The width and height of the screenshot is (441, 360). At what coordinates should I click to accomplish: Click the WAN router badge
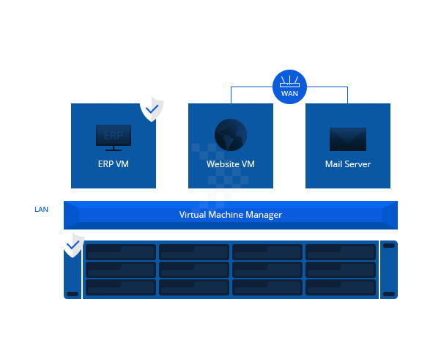pos(289,87)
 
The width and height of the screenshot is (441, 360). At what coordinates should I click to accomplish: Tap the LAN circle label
pos(41,209)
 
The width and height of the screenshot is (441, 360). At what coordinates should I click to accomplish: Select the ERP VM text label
pos(113,164)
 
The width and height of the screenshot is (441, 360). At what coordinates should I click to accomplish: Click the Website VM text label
pos(231,164)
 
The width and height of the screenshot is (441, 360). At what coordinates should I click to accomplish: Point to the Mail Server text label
pos(348,164)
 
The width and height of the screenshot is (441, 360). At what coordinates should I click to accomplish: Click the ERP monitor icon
pos(114,137)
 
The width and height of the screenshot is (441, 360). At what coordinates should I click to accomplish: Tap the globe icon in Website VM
pos(231,135)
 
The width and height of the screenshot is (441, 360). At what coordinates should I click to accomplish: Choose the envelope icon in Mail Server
pos(348,139)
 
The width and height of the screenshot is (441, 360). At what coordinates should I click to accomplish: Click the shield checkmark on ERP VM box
pos(152,109)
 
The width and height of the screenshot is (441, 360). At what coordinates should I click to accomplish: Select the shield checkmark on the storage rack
pos(73,244)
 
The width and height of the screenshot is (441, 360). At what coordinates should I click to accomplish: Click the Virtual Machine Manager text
pos(231,215)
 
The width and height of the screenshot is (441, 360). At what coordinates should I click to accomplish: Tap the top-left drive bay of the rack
pos(121,252)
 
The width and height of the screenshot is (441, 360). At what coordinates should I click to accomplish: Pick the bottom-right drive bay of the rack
pos(340,287)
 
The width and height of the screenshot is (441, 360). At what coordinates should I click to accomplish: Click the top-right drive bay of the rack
pos(340,252)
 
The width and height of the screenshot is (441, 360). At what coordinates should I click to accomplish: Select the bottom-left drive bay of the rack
pos(121,287)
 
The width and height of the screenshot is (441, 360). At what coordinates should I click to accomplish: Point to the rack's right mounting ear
pos(389,270)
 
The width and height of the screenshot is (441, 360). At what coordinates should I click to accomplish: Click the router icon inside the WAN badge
pos(289,81)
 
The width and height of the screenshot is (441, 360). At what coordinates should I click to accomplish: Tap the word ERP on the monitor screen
pos(114,136)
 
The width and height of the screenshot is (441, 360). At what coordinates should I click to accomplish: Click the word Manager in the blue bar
pos(264,215)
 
